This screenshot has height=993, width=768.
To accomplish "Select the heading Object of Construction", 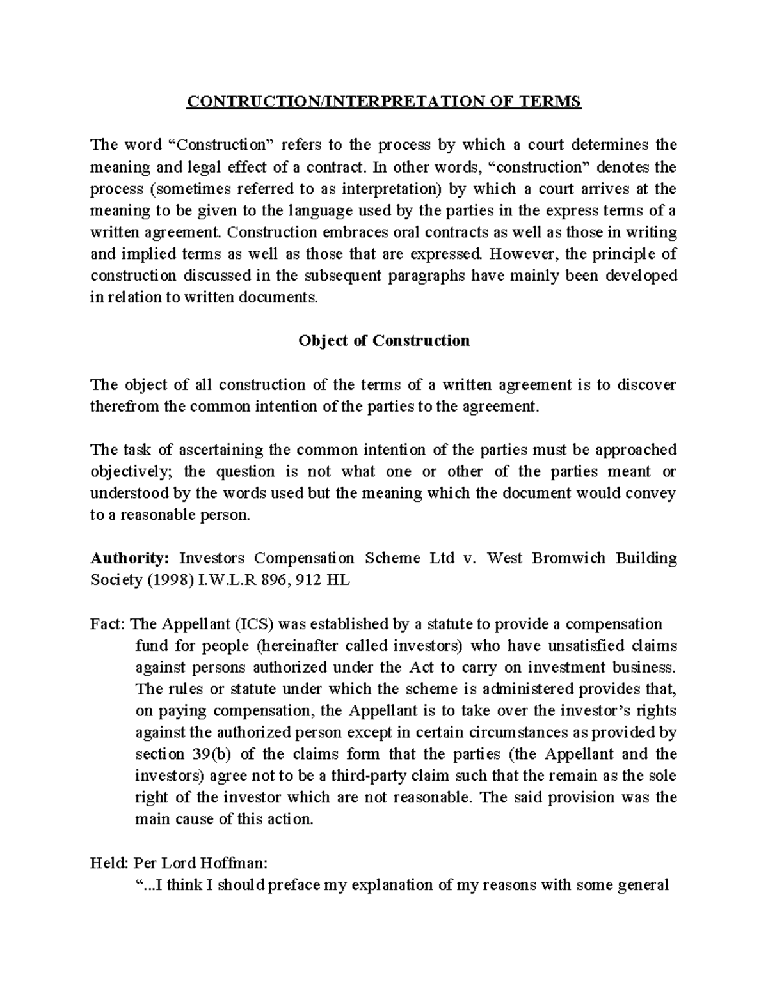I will click(384, 341).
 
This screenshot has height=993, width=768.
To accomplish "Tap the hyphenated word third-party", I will click(369, 776).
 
